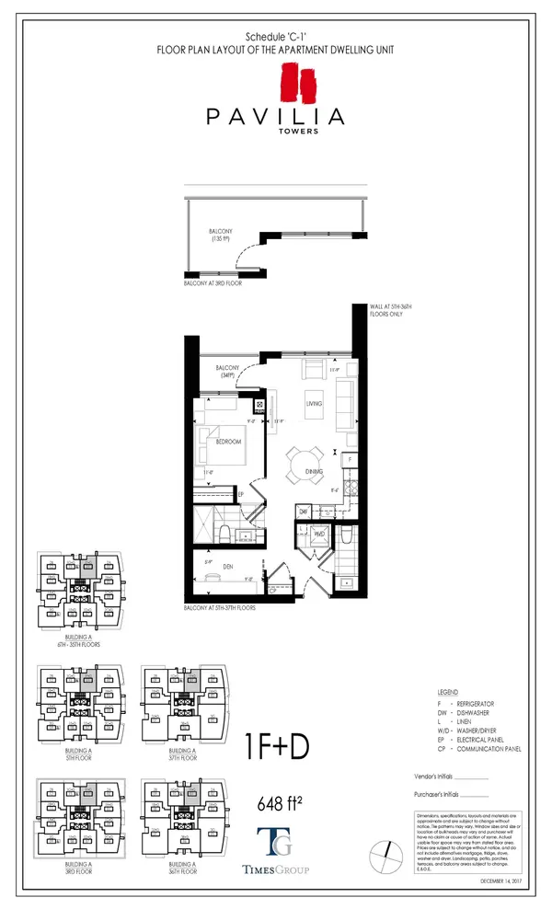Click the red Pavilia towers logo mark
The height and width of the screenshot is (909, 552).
pos(290,81)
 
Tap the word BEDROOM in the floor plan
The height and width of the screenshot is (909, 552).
pos(228,443)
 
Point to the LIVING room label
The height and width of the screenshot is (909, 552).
pos(314,403)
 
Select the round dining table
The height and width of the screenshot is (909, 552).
pos(305,457)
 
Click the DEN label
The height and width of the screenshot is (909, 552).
pos(227,567)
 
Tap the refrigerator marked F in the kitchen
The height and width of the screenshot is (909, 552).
pos(349,457)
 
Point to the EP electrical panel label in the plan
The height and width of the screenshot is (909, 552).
pos(240,494)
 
